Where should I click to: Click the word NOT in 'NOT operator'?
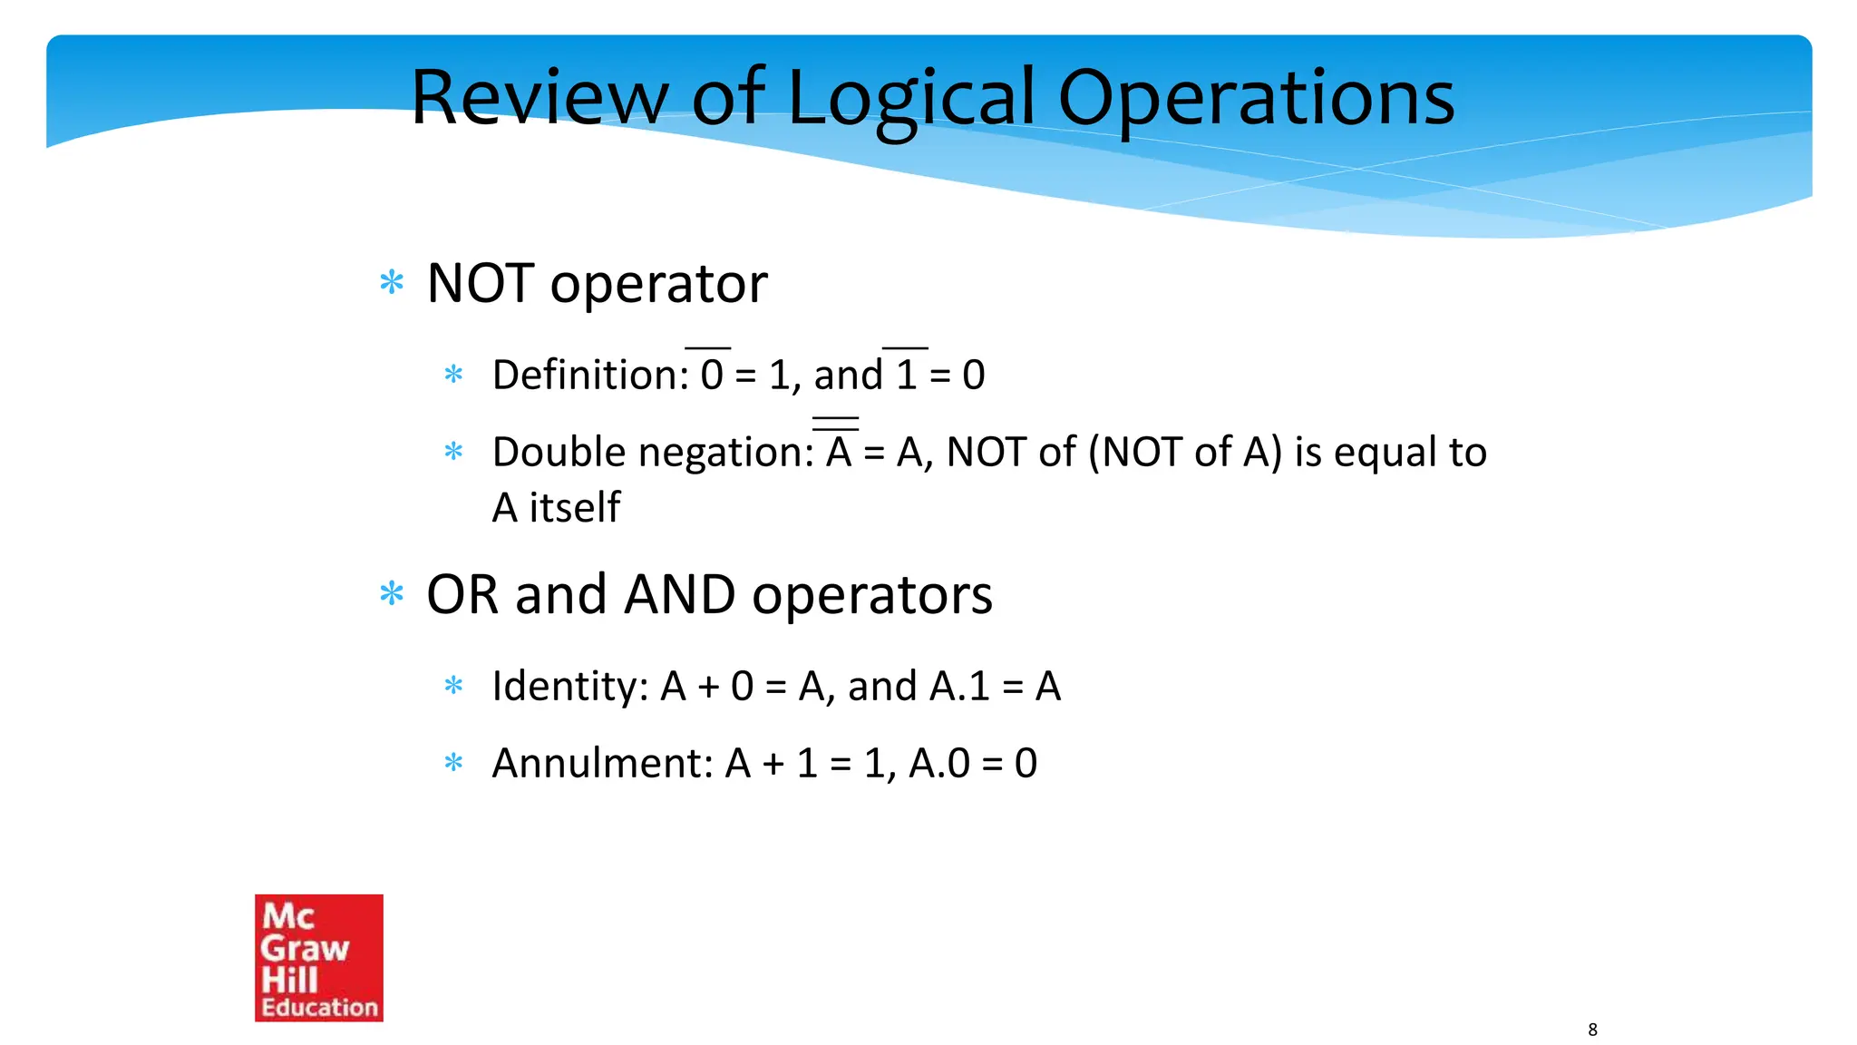click(480, 284)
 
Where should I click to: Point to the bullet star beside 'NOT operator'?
click(392, 283)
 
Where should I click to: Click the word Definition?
click(590, 376)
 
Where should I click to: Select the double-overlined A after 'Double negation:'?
click(839, 451)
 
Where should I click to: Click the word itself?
click(575, 508)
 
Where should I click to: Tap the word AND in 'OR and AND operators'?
click(680, 595)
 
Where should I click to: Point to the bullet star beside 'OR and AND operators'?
click(392, 594)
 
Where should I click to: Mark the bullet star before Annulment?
click(453, 763)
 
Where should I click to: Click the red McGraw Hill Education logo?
click(319, 958)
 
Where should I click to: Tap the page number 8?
click(1592, 1030)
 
